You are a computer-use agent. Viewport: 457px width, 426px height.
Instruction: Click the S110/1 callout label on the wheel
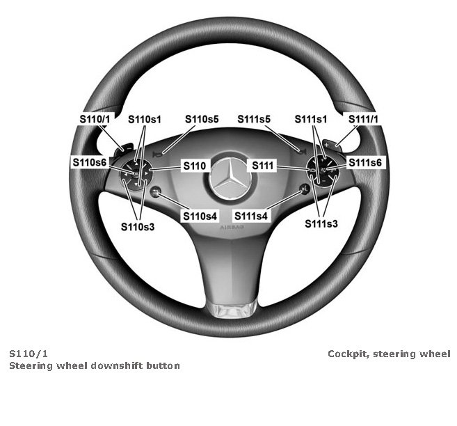point(95,120)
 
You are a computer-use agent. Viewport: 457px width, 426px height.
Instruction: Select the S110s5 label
point(202,120)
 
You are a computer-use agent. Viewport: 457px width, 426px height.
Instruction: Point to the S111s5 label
point(253,120)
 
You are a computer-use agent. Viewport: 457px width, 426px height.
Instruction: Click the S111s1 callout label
point(310,120)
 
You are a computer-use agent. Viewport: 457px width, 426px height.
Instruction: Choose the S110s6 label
point(90,162)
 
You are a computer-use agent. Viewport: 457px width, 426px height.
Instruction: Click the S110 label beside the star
point(193,166)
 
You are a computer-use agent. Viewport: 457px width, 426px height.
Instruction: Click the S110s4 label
point(200,216)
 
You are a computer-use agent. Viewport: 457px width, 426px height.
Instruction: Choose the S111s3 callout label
point(321,224)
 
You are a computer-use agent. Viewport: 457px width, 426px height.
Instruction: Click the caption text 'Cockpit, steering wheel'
point(389,354)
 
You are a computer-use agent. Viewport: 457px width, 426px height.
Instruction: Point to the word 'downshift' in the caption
point(115,365)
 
